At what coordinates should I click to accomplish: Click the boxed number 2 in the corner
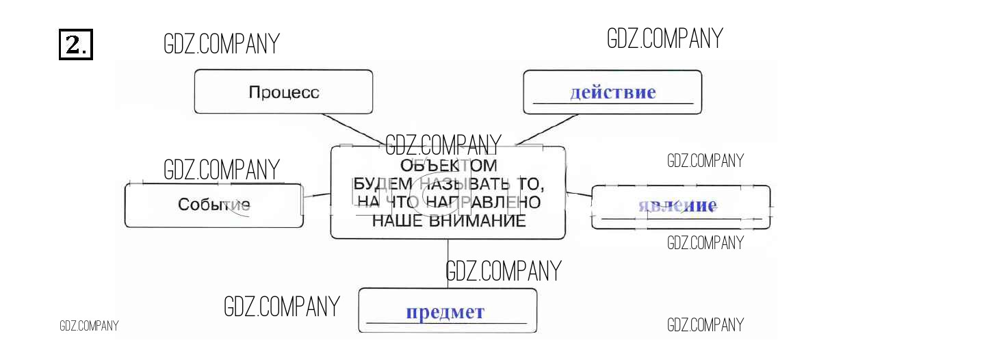point(76,44)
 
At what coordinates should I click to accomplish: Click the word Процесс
point(284,92)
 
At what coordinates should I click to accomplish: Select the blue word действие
point(612,92)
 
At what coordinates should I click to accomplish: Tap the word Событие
point(213,205)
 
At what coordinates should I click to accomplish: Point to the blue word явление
point(677,205)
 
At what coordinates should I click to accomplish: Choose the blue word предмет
point(445,313)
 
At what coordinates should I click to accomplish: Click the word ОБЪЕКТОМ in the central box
point(448,166)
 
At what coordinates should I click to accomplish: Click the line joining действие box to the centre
point(547,129)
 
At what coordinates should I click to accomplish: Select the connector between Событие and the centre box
point(317,196)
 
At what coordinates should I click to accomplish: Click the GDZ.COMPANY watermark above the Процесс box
point(222,44)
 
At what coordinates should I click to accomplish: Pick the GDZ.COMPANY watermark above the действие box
point(664,38)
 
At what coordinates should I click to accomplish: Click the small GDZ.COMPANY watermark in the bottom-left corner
point(89,326)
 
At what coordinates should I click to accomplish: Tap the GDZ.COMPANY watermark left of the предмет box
point(282,307)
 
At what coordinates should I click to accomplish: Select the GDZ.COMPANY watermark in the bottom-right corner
point(705,325)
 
